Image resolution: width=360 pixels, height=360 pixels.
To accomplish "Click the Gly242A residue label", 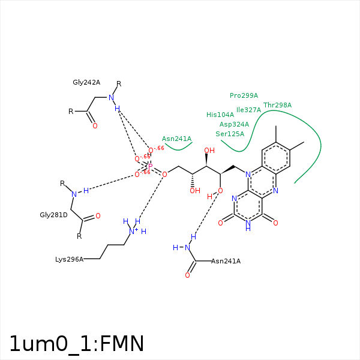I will pyautogui.click(x=86, y=83).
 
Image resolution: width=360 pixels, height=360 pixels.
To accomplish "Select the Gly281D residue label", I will pyautogui.click(x=53, y=214).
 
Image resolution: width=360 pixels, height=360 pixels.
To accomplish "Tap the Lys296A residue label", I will pyautogui.click(x=69, y=259).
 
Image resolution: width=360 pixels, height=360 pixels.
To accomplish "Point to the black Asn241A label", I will pyautogui.click(x=226, y=261).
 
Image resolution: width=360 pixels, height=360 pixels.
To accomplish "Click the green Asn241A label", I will pyautogui.click(x=176, y=139).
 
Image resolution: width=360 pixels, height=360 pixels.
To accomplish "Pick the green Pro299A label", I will pyautogui.click(x=244, y=95).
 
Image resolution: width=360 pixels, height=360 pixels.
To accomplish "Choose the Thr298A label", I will pyautogui.click(x=277, y=105).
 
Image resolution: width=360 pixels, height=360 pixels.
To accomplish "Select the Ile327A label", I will pyautogui.click(x=248, y=110).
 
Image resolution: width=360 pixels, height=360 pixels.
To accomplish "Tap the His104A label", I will pyautogui.click(x=220, y=115).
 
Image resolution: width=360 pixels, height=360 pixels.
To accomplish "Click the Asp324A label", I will pyautogui.click(x=234, y=124).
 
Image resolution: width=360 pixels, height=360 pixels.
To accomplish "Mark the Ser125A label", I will pyautogui.click(x=230, y=134).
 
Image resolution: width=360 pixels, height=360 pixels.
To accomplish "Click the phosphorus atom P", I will pyautogui.click(x=150, y=166).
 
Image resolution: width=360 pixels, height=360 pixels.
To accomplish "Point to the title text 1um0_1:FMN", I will pyautogui.click(x=77, y=344).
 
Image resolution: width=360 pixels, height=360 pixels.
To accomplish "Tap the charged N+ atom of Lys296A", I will pyautogui.click(x=133, y=231).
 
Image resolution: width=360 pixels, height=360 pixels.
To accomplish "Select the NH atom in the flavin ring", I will pyautogui.click(x=248, y=225).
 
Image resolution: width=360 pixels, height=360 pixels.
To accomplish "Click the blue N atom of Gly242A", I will pyautogui.click(x=111, y=97).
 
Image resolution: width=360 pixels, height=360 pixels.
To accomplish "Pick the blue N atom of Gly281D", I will pyautogui.click(x=74, y=194).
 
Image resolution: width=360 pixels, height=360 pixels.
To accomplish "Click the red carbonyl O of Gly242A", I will pyautogui.click(x=94, y=126).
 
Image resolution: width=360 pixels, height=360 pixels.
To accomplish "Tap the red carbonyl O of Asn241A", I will pyautogui.click(x=187, y=275).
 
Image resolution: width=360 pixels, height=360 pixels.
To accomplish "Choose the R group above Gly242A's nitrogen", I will pyautogui.click(x=119, y=84).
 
